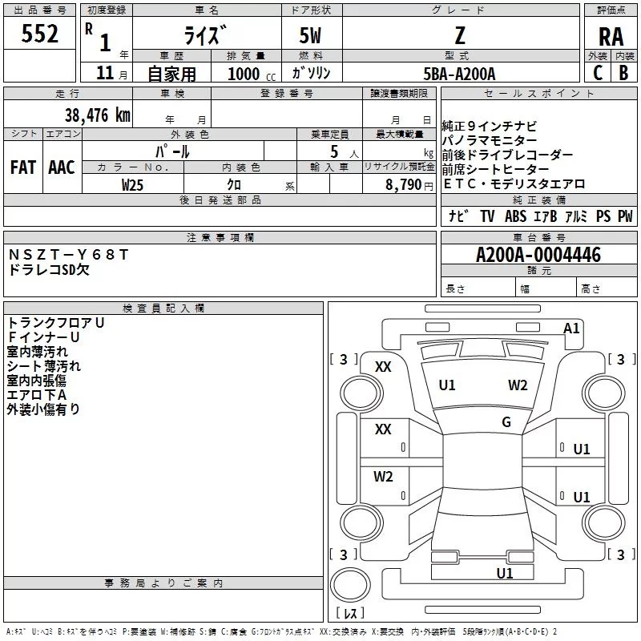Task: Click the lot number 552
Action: click(x=39, y=34)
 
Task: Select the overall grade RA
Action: click(x=611, y=37)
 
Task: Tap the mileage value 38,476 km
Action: click(x=97, y=115)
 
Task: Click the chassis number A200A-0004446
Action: click(x=538, y=255)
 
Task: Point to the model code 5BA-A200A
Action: click(x=459, y=74)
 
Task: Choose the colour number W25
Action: click(x=132, y=185)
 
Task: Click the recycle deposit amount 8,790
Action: click(x=403, y=184)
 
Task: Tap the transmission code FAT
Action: click(x=23, y=167)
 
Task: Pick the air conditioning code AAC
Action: click(x=62, y=167)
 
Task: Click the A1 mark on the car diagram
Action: click(x=571, y=329)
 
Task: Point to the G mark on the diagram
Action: click(x=506, y=421)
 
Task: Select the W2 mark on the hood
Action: click(x=518, y=385)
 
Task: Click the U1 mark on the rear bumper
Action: click(x=505, y=573)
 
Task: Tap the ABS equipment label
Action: click(x=515, y=216)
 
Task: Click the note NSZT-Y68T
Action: click(x=68, y=255)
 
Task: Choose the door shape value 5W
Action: click(x=310, y=35)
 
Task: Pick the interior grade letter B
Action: click(x=623, y=73)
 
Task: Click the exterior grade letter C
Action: click(x=598, y=73)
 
